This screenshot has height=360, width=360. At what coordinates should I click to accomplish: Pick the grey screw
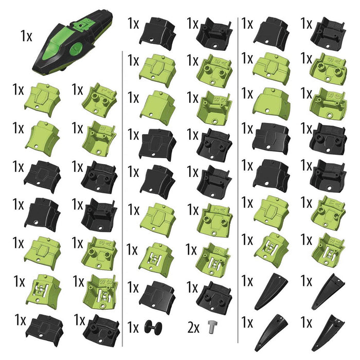211,326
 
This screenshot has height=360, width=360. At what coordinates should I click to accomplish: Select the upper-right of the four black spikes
330,291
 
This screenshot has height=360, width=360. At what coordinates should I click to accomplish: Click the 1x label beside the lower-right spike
307,323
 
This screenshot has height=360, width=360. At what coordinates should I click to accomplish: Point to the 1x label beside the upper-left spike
247,282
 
